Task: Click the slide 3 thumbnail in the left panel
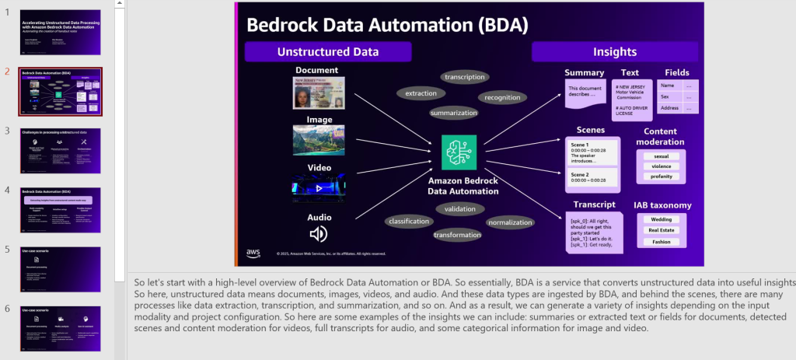pyautogui.click(x=60, y=150)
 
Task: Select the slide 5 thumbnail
pyautogui.click(x=60, y=269)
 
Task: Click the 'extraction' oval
pyautogui.click(x=421, y=93)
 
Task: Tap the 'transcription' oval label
pyautogui.click(x=465, y=77)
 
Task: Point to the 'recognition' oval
pyautogui.click(x=502, y=98)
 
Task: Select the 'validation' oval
pyautogui.click(x=461, y=208)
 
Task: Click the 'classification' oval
pyautogui.click(x=409, y=222)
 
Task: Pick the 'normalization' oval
pyautogui.click(x=510, y=223)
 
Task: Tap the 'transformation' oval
pyautogui.click(x=457, y=236)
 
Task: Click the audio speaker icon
pyautogui.click(x=318, y=234)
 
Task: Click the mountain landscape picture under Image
pyautogui.click(x=318, y=141)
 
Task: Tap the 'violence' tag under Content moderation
pyautogui.click(x=662, y=166)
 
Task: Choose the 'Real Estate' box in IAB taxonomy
pyautogui.click(x=662, y=230)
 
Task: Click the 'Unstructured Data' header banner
pyautogui.click(x=328, y=52)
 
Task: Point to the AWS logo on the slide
pyautogui.click(x=253, y=253)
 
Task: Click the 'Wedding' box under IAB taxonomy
pyautogui.click(x=662, y=219)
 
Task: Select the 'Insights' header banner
pyautogui.click(x=615, y=52)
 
